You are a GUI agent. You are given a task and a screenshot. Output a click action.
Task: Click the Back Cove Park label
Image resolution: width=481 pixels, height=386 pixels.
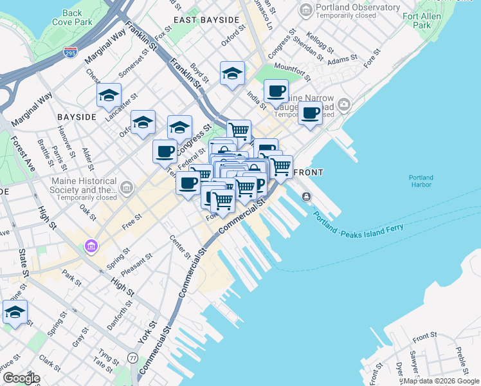click(x=73, y=17)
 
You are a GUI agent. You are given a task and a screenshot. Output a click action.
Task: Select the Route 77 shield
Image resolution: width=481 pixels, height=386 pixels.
click(x=133, y=357)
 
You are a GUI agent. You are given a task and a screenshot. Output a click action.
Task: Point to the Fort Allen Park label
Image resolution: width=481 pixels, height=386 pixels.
click(x=422, y=21)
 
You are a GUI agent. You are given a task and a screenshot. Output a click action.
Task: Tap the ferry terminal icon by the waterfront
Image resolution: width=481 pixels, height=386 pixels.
click(x=307, y=196)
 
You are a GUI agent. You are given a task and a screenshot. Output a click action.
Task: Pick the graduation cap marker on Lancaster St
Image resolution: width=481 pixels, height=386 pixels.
click(x=109, y=96)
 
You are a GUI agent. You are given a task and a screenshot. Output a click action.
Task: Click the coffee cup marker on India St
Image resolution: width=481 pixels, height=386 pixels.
click(x=276, y=91)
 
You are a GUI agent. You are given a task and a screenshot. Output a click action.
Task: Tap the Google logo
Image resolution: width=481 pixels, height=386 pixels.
click(x=21, y=378)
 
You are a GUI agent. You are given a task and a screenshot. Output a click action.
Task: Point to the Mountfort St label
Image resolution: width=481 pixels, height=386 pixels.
click(x=292, y=73)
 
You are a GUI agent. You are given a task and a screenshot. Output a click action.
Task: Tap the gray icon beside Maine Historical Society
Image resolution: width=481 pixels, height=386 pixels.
click(x=127, y=188)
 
